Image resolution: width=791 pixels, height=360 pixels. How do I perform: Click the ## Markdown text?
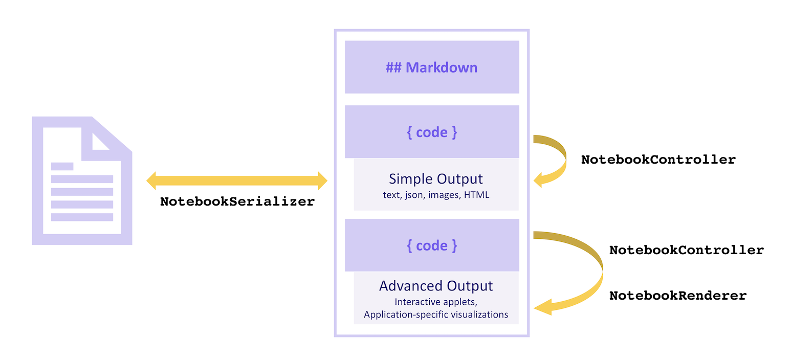tap(431, 67)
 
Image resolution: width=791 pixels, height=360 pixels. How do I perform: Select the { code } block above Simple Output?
tap(432, 132)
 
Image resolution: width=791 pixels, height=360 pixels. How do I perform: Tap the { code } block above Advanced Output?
tap(432, 245)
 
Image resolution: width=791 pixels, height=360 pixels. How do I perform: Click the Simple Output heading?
tap(436, 179)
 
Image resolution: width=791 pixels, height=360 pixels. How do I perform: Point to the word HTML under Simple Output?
tap(476, 195)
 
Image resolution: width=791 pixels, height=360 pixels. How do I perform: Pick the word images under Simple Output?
tap(445, 195)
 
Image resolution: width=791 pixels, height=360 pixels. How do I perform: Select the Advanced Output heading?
tap(436, 286)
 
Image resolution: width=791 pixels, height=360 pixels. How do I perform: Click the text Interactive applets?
tap(436, 302)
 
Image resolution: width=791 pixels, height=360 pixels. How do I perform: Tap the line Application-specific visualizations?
tap(436, 314)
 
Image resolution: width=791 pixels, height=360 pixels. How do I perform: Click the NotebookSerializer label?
tap(237, 201)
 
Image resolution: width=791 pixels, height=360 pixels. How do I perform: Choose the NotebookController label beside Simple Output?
tap(658, 160)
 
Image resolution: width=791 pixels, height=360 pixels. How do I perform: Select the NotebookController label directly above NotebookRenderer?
tap(686, 250)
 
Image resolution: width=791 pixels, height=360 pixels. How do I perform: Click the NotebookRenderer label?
tap(677, 296)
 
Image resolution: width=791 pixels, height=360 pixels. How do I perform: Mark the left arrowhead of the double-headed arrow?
tap(151, 181)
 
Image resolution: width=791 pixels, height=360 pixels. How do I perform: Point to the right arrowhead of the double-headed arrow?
tap(322, 181)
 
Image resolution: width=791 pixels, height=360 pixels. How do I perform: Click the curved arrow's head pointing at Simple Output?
tap(539, 180)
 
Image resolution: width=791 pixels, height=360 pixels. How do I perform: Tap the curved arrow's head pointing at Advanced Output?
tap(541, 307)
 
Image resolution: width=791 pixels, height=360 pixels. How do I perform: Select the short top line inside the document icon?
tap(62, 166)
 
